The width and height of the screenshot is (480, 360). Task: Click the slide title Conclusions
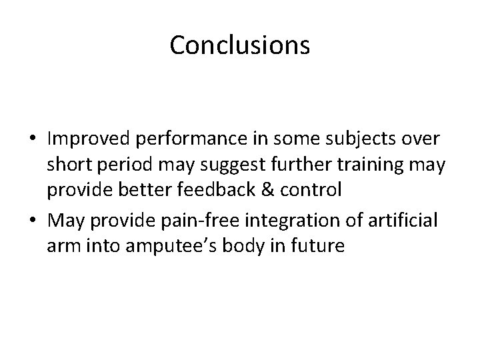[x=239, y=45]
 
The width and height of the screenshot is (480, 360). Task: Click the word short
[x=69, y=165]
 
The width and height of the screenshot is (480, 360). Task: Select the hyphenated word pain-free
[x=212, y=221]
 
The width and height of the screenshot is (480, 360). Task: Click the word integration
[x=304, y=221]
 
